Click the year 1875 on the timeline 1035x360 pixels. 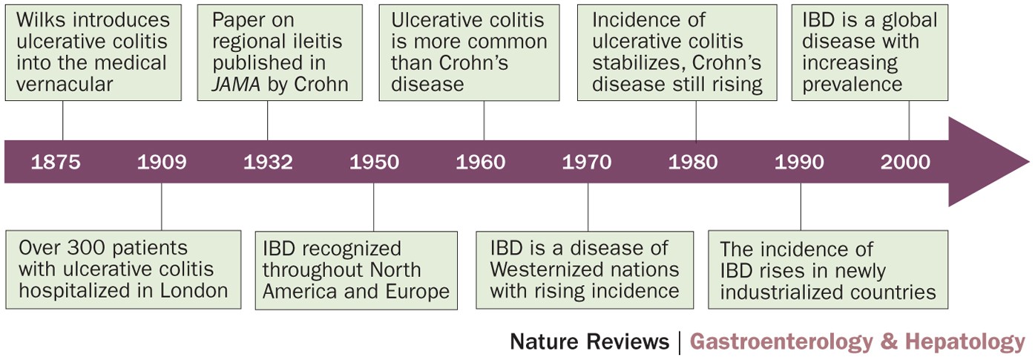56,163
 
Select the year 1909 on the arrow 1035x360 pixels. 162,163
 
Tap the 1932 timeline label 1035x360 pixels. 268,163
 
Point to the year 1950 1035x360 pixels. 374,163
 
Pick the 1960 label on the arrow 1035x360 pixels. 481,163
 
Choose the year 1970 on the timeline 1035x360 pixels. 587,163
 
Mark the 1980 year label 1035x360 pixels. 693,163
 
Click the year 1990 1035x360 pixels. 799,163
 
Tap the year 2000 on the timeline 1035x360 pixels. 905,163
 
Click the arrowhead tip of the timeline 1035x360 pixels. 1030,162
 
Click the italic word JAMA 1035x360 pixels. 236,84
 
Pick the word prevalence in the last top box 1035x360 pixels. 852,85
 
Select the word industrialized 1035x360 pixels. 786,292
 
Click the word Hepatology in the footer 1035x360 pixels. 965,342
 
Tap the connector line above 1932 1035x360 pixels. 268,120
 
